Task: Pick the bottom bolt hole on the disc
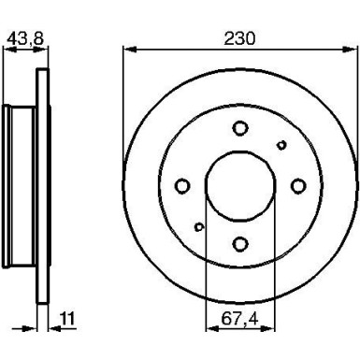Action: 240,244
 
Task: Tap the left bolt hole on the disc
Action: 183,186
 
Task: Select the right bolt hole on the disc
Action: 298,186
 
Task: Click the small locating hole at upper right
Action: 282,144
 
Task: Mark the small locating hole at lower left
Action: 198,227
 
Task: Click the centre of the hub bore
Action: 240,186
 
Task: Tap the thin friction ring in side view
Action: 42,186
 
